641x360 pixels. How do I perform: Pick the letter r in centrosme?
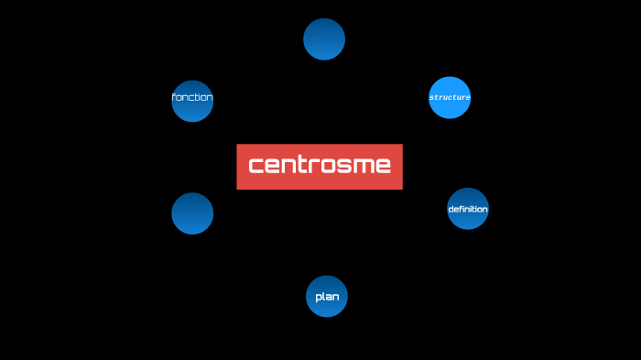tap(314, 166)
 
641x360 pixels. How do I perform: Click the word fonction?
tap(192, 97)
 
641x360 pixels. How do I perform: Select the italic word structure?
tap(450, 97)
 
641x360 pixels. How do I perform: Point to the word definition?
tap(468, 209)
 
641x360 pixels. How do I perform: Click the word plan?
tap(327, 297)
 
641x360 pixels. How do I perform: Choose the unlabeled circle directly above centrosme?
tap(324, 38)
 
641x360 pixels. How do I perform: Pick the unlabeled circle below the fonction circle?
tap(192, 213)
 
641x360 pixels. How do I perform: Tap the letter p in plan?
tap(319, 298)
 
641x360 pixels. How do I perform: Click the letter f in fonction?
tap(174, 97)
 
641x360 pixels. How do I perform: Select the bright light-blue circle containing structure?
tap(450, 84)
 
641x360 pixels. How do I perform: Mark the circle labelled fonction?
tap(192, 111)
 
